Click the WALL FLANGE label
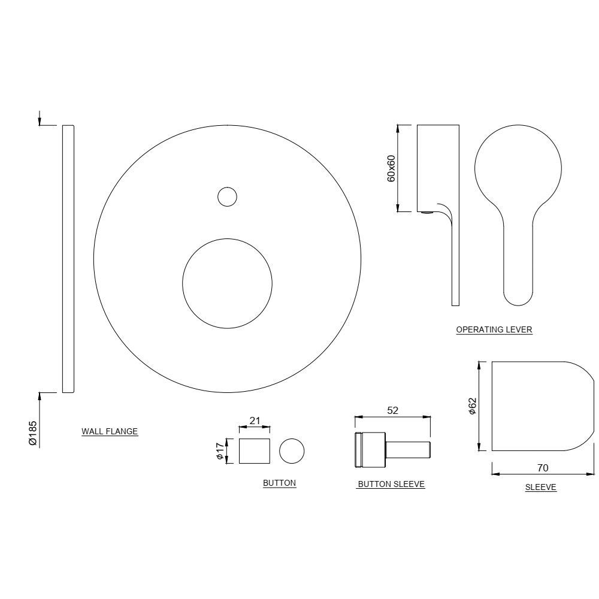(x=110, y=431)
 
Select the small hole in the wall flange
(x=227, y=196)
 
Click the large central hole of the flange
(x=227, y=283)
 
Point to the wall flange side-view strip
(x=68, y=259)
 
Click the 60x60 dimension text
(x=391, y=168)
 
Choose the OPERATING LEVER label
(x=494, y=329)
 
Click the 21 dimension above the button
(x=255, y=420)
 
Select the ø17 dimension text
(x=220, y=450)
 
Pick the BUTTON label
(x=279, y=483)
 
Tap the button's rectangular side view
(x=255, y=450)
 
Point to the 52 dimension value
(x=393, y=410)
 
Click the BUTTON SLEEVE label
(x=391, y=485)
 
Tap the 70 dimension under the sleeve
(x=543, y=467)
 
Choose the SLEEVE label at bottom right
(x=541, y=488)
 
